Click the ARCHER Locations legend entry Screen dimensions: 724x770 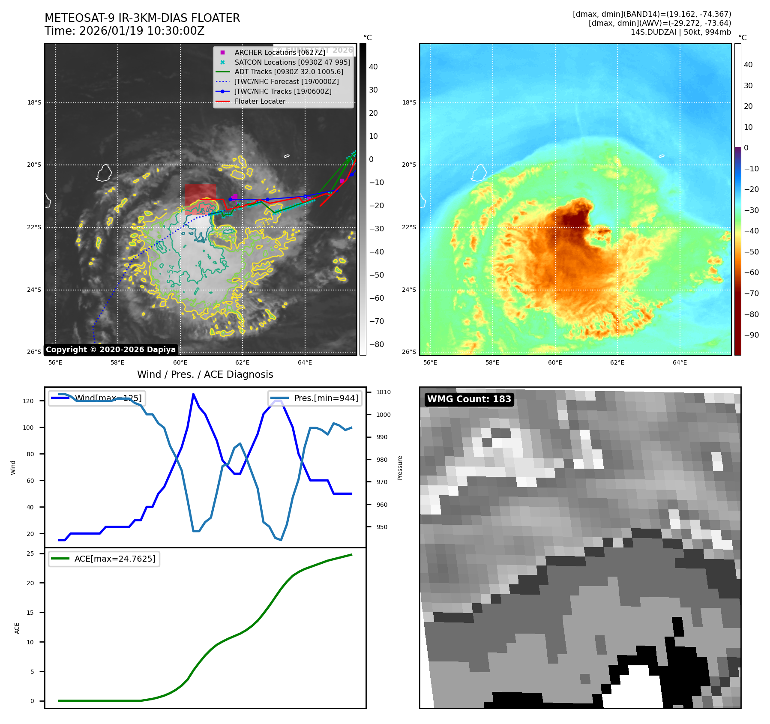click(279, 52)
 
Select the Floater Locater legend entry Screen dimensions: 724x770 click(260, 102)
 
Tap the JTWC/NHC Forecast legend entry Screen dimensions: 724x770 click(286, 82)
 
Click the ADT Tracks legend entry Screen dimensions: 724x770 click(288, 72)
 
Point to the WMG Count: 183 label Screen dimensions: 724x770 click(469, 399)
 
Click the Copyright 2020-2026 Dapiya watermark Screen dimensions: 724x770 click(111, 350)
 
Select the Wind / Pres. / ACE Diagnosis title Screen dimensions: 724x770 click(205, 374)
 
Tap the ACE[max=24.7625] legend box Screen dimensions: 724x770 click(104, 559)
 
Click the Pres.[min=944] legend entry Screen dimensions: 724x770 click(315, 398)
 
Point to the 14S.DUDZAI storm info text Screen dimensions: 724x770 click(680, 32)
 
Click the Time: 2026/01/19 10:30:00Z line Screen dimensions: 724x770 click(124, 31)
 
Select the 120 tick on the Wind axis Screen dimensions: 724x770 click(28, 401)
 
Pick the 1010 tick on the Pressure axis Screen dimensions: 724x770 click(383, 392)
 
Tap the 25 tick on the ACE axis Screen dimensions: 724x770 click(30, 553)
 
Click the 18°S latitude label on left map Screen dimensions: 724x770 click(34, 102)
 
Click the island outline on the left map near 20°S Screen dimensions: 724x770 click(104, 173)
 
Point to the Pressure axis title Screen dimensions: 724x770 click(400, 468)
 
